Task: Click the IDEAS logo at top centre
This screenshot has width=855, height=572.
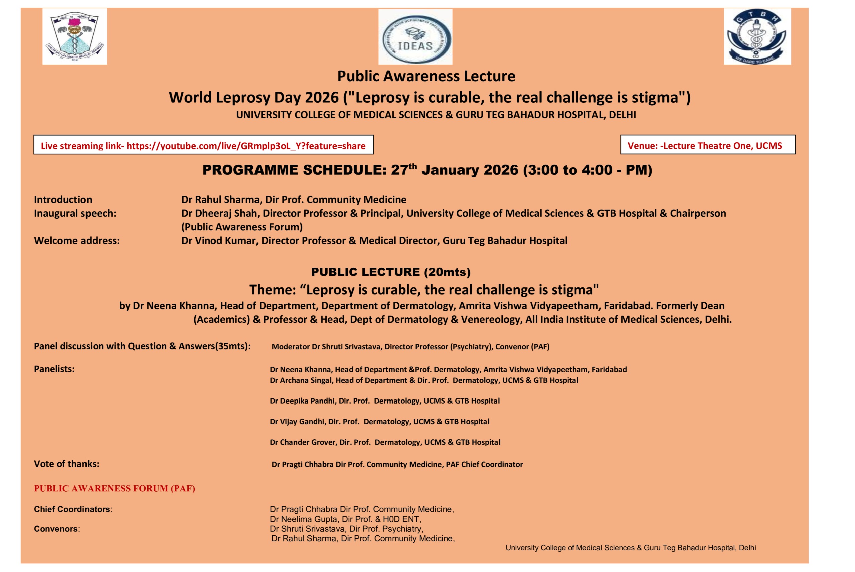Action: [x=415, y=37]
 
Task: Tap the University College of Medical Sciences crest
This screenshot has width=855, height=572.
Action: [x=75, y=36]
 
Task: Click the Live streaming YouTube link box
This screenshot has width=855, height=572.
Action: [x=203, y=146]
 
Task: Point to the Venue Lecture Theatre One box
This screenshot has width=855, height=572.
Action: [x=707, y=146]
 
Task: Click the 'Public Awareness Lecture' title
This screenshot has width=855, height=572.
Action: [x=426, y=76]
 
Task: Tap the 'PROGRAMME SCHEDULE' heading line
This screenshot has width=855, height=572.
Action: [x=427, y=170]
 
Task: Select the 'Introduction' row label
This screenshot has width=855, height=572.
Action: [x=63, y=200]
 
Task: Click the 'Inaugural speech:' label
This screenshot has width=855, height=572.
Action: [x=75, y=213]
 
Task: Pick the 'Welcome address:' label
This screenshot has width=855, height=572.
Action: [x=76, y=241]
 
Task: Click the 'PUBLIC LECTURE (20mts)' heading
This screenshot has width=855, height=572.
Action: [x=391, y=272]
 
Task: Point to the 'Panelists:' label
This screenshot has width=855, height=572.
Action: [x=54, y=369]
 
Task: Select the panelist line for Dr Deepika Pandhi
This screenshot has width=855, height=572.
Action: [x=384, y=401]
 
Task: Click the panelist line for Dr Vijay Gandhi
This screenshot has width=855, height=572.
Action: [x=379, y=422]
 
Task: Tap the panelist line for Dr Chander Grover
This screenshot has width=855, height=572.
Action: [x=385, y=443]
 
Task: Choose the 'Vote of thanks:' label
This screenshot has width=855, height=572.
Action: [x=66, y=464]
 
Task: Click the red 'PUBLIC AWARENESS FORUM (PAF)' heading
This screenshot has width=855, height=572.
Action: [x=115, y=489]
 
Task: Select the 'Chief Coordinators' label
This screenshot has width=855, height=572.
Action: [x=73, y=509]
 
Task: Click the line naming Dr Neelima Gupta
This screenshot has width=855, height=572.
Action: [x=345, y=519]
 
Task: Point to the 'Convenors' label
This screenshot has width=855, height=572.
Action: [x=56, y=529]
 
